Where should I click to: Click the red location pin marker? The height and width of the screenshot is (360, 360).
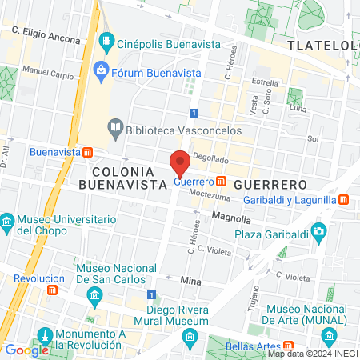tap(181, 163)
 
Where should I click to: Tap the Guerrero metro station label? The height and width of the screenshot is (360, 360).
tap(194, 182)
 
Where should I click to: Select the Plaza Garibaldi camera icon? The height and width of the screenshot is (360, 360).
tap(320, 234)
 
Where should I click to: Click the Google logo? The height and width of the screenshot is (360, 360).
tap(26, 350)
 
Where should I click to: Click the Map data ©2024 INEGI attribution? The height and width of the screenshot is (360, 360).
tap(311, 354)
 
